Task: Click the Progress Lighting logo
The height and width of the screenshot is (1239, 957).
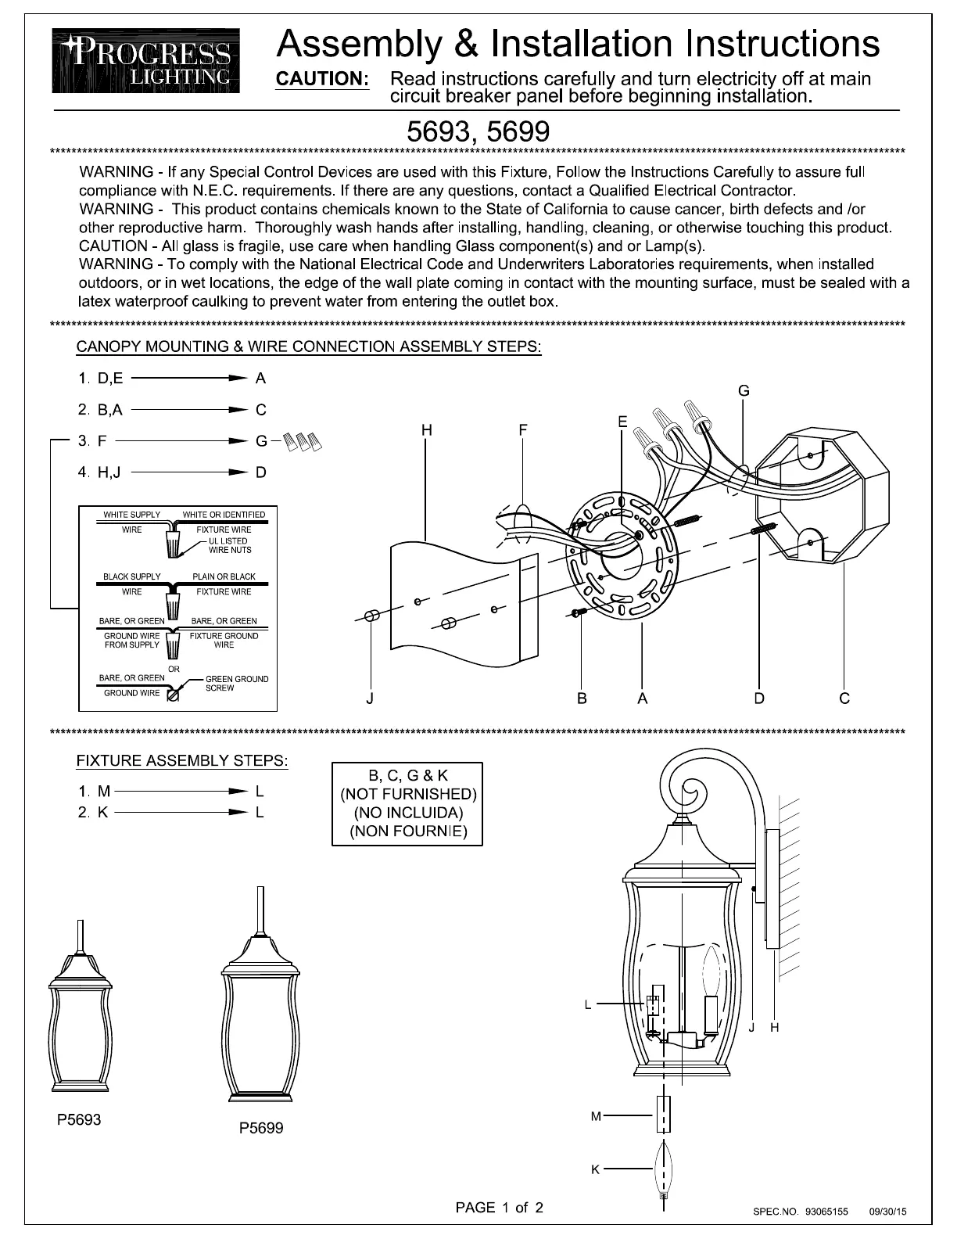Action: (x=146, y=61)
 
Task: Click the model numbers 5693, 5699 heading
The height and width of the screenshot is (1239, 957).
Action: (x=478, y=131)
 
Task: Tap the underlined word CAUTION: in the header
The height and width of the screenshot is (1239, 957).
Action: (x=323, y=79)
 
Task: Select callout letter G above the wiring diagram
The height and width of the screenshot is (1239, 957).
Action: (x=744, y=391)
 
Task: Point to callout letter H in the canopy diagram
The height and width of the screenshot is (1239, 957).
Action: (x=426, y=430)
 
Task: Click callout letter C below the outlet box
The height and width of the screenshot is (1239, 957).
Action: (x=844, y=699)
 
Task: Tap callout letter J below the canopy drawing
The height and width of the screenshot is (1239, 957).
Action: (x=370, y=699)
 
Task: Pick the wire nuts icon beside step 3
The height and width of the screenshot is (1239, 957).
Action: (x=303, y=442)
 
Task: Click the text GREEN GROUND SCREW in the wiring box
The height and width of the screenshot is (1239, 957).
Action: (x=236, y=684)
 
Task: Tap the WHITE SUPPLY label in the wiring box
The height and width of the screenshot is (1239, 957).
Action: (x=132, y=515)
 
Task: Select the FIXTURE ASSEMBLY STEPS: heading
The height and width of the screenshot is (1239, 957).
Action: (x=182, y=760)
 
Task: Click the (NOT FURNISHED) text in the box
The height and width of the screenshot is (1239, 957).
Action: (x=407, y=794)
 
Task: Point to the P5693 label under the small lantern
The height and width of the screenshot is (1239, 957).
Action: (x=79, y=1119)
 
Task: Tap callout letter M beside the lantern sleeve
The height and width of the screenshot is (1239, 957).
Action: (x=596, y=1116)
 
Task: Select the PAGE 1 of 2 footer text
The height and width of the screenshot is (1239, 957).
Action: (x=499, y=1208)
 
